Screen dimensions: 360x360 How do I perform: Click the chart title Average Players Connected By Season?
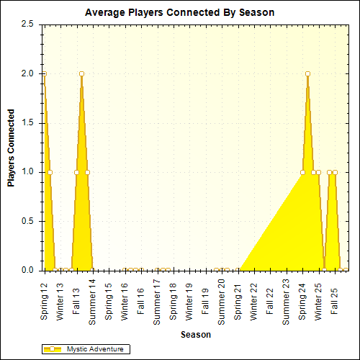179,13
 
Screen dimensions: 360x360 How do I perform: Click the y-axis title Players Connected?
12,148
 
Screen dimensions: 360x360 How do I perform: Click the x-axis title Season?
196,335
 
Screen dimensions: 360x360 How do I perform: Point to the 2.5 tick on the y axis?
27,24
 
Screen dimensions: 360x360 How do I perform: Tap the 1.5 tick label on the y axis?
27,123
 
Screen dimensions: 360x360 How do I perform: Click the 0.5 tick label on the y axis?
27,221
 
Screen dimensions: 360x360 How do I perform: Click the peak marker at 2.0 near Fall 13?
82,73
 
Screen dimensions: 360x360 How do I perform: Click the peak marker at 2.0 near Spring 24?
307,73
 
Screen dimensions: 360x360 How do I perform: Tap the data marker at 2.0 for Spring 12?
45,73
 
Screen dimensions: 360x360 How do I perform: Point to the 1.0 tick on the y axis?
27,172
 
